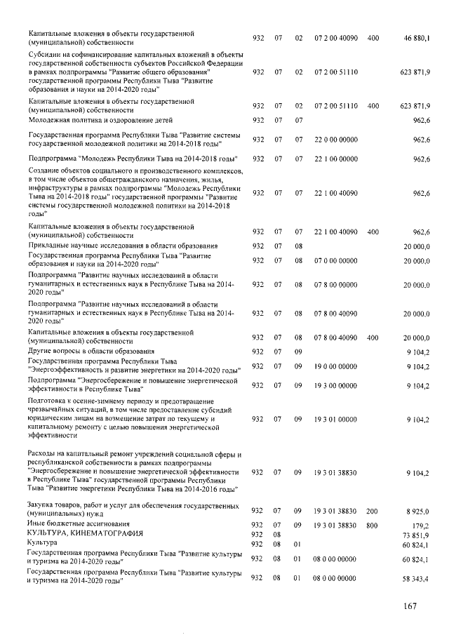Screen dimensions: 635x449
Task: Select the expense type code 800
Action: tap(373, 524)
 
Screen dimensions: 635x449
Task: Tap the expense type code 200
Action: tap(373, 514)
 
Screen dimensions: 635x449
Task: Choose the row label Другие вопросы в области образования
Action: tap(91, 351)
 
